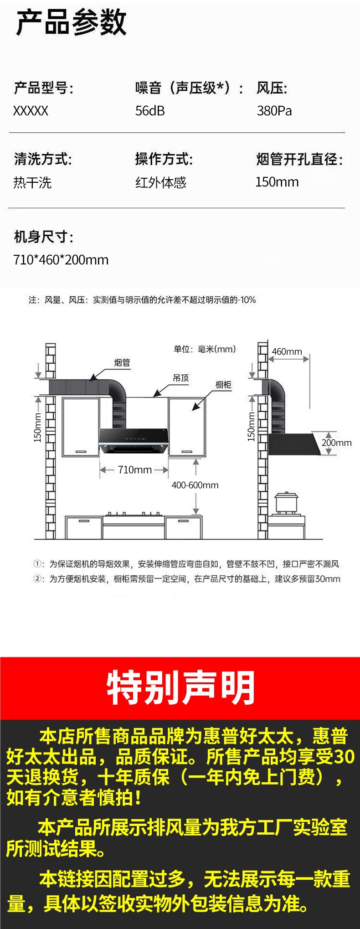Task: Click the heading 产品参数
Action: coord(71,23)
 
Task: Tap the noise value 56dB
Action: coord(150,111)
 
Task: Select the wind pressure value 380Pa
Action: coord(274,111)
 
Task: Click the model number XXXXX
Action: coord(31,111)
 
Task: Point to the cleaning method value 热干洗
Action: coord(32,183)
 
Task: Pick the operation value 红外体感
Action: coord(160,183)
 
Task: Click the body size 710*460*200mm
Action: coord(61,260)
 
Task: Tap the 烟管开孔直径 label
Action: coord(299,160)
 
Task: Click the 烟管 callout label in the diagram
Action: coord(122,362)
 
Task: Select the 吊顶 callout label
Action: coord(181,378)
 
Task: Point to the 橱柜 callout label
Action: coord(223,385)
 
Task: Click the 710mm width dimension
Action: coord(134,470)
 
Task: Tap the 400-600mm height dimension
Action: coord(195,485)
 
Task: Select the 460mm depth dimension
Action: coord(287,351)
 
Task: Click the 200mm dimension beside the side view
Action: coord(336,443)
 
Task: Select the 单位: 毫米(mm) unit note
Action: coord(205,349)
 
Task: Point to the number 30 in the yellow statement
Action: coord(344,757)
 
